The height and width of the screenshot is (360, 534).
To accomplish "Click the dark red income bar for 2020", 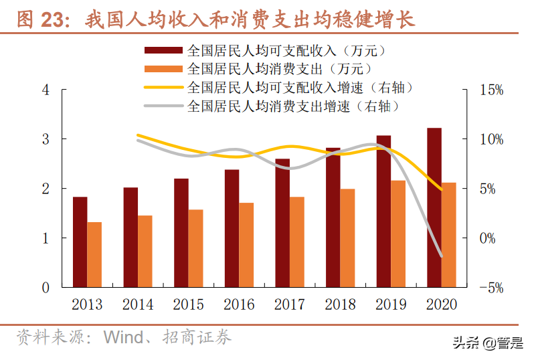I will click(x=434, y=207).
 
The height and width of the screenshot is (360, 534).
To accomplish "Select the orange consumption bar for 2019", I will click(x=397, y=234).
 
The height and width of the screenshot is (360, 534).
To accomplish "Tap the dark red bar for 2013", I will click(x=80, y=242).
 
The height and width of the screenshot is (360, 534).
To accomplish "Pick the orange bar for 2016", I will click(x=246, y=245).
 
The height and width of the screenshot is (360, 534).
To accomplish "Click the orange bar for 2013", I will click(x=94, y=254).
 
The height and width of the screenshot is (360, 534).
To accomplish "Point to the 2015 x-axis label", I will click(x=188, y=305).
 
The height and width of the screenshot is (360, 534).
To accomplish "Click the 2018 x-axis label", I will click(x=340, y=305).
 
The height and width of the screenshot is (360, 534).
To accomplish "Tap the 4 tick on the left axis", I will click(x=46, y=90).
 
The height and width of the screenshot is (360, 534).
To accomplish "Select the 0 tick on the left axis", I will click(x=46, y=288).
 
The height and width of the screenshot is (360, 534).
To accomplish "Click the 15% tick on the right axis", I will click(x=491, y=90).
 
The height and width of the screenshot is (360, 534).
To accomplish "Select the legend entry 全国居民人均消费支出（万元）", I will click(x=279, y=69).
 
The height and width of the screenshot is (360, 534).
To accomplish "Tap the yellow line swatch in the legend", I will click(x=163, y=87).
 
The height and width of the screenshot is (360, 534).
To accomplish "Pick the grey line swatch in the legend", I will click(x=163, y=106).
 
